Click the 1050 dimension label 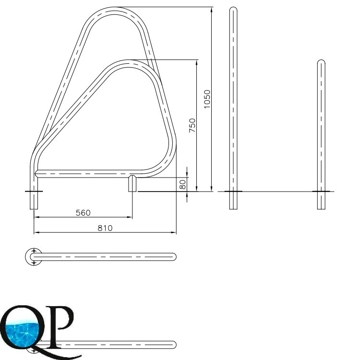(x=207, y=99)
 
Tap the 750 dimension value (x=192, y=125)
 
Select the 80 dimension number (x=182, y=184)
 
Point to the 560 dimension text (x=83, y=213)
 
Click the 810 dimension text (x=105, y=228)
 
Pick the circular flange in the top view (x=34, y=257)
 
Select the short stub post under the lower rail (x=132, y=183)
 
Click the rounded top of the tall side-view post (x=233, y=9)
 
